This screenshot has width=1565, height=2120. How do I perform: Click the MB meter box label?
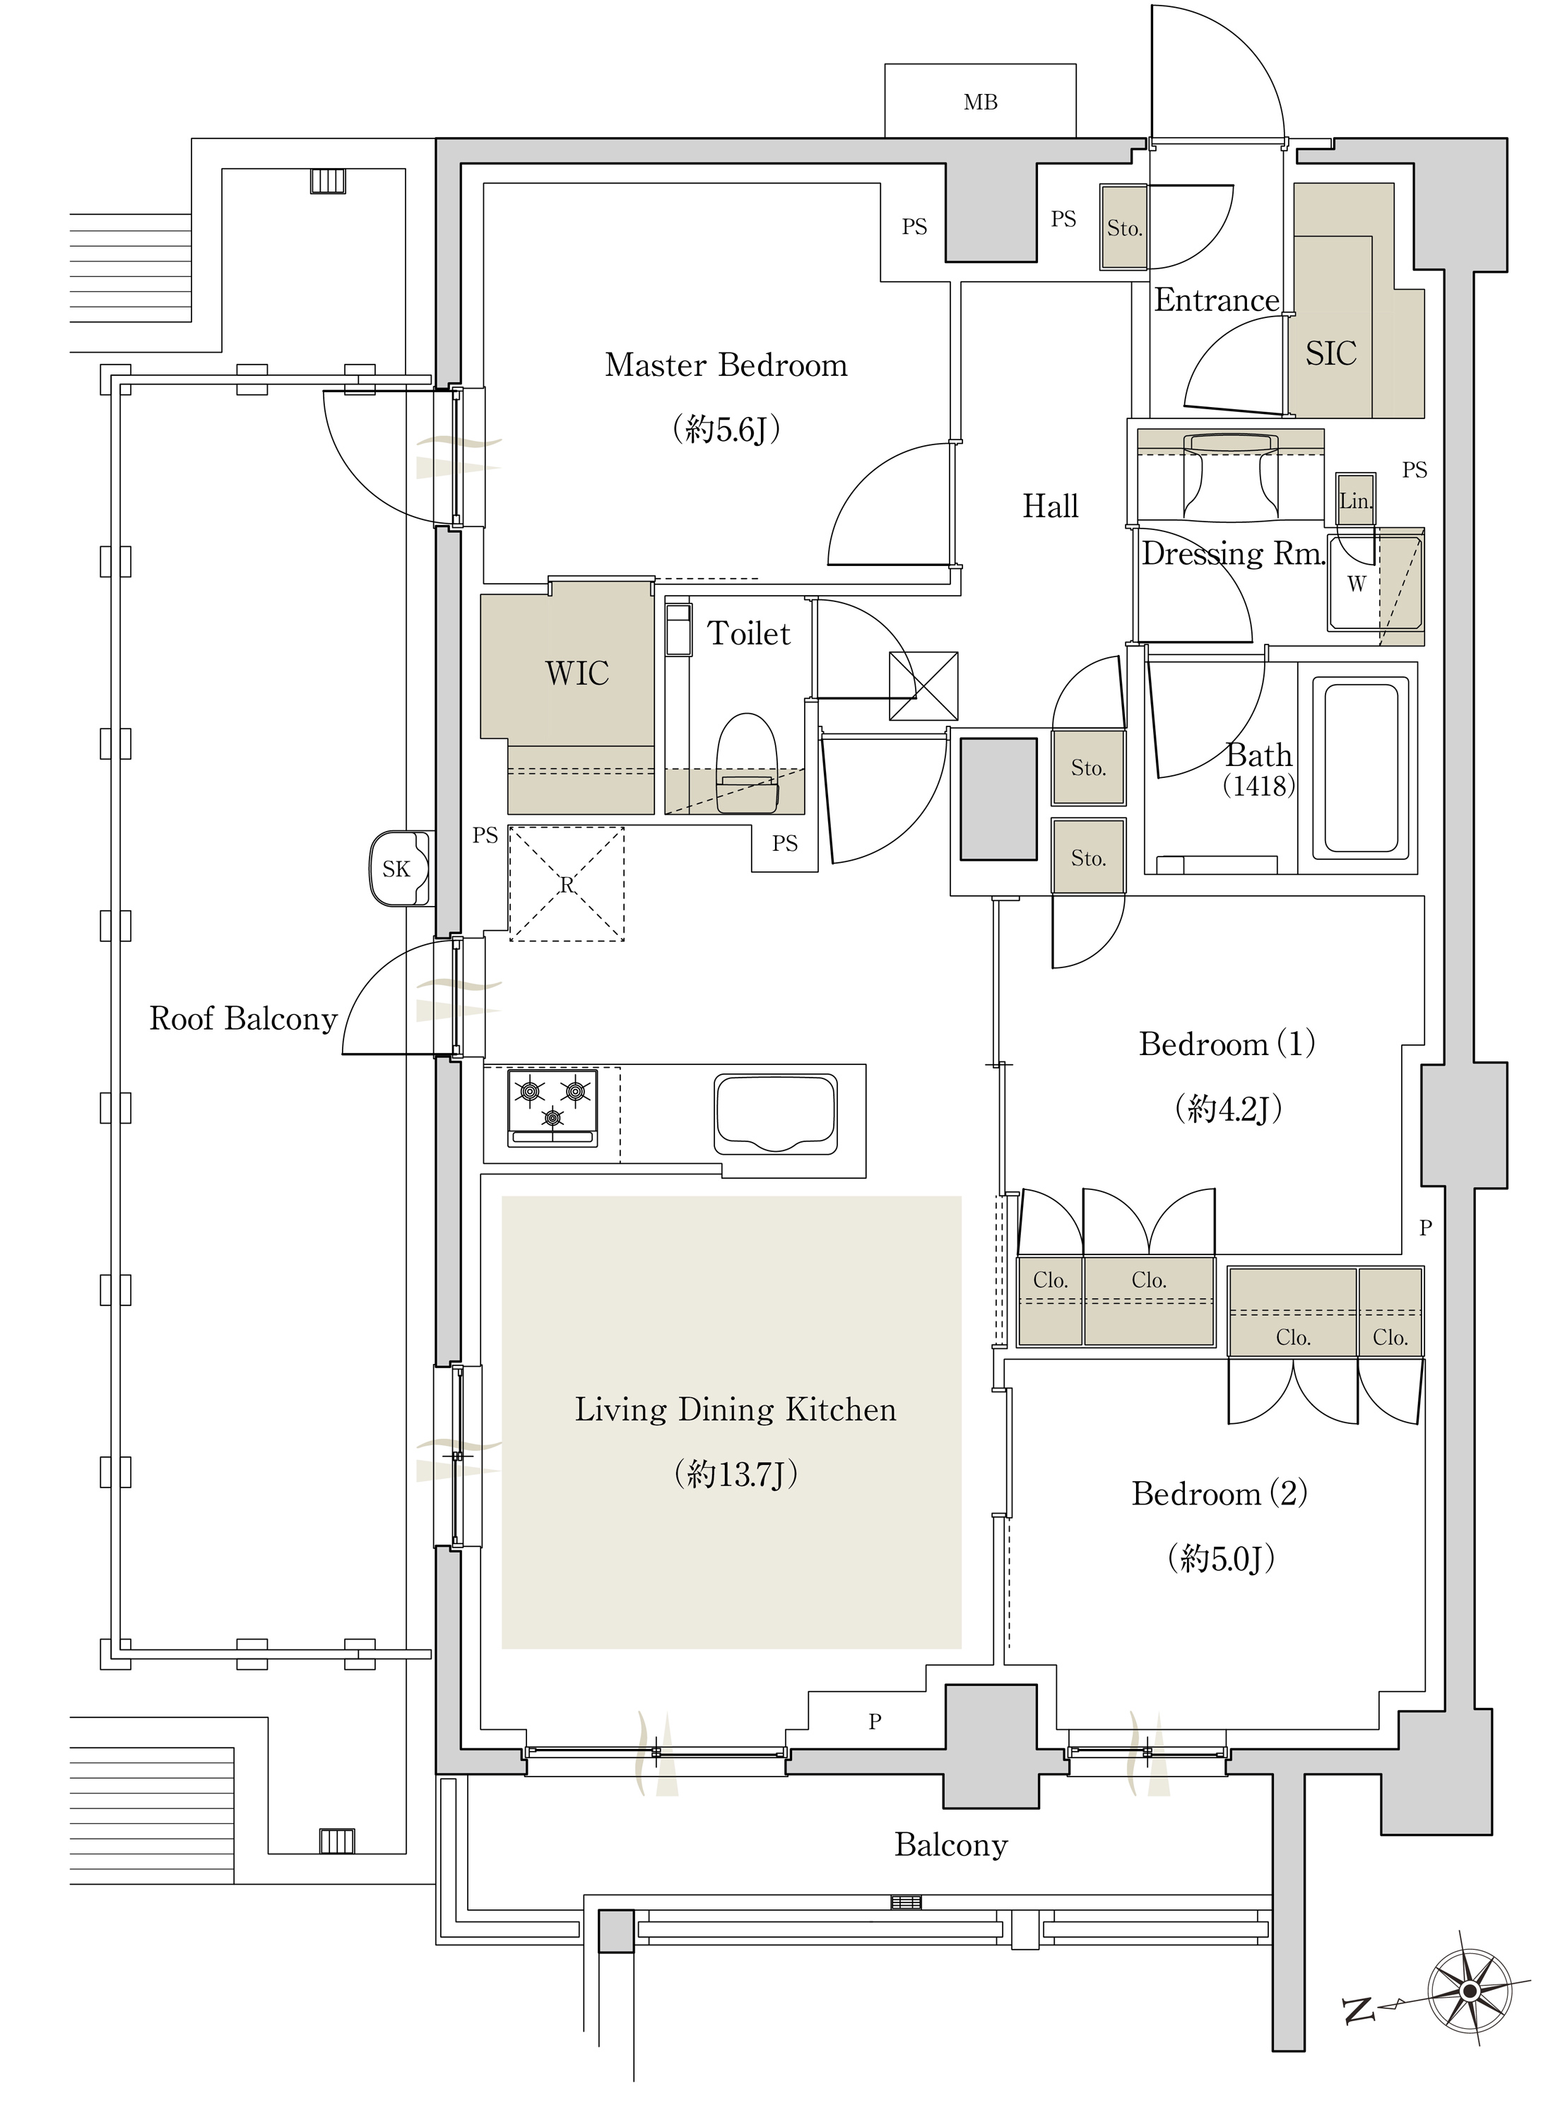(981, 102)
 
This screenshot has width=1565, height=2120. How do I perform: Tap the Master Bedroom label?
(726, 365)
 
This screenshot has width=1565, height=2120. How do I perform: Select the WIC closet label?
(577, 673)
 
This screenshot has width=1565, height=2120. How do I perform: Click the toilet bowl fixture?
(747, 763)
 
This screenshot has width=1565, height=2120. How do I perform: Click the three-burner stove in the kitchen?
(553, 1107)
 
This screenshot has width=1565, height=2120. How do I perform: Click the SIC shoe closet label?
(1331, 354)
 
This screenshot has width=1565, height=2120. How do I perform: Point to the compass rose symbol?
(1470, 1991)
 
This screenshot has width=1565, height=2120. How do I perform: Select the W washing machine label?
(1357, 584)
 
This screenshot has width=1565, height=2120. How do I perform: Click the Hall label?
(1051, 507)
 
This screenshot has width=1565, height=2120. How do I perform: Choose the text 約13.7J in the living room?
(736, 1474)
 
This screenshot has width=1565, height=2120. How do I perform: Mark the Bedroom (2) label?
(1220, 1494)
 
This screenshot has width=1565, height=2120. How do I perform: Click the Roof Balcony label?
(244, 1018)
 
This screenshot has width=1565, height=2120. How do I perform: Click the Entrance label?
(1217, 300)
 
